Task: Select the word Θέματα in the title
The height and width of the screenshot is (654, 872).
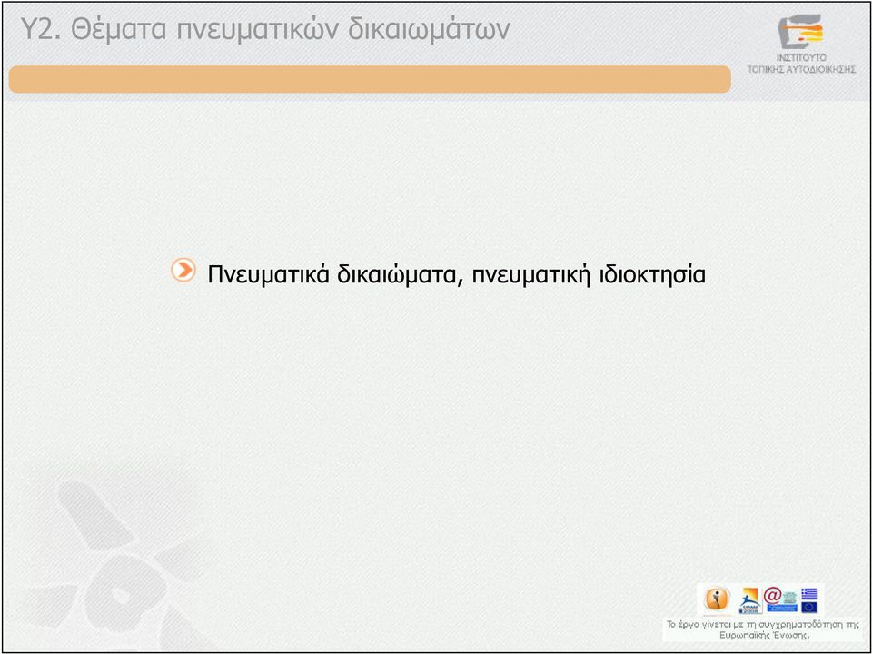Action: pyautogui.click(x=118, y=29)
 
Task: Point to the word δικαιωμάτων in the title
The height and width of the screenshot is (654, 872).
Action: pyautogui.click(x=429, y=30)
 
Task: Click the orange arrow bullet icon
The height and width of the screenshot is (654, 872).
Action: pyautogui.click(x=183, y=271)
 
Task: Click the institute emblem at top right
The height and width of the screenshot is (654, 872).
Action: pyautogui.click(x=800, y=31)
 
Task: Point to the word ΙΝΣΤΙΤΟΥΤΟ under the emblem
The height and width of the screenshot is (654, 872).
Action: pyautogui.click(x=801, y=58)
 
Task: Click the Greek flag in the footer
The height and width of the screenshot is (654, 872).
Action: pyautogui.click(x=809, y=594)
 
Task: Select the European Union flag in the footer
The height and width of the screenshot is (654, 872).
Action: pyautogui.click(x=809, y=607)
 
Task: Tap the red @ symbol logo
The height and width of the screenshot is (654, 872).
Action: pyautogui.click(x=772, y=596)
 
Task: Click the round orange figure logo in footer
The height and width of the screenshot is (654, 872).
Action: pyautogui.click(x=717, y=599)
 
